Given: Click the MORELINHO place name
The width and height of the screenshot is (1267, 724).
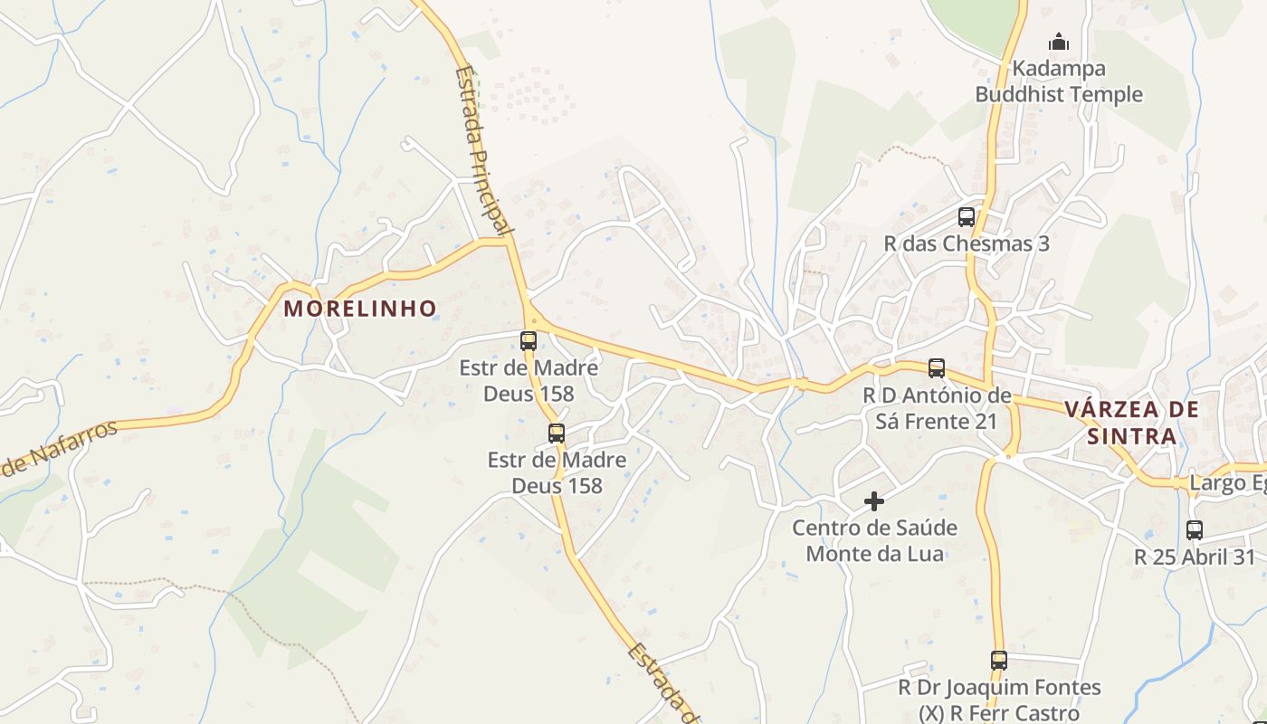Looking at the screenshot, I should pos(360,309).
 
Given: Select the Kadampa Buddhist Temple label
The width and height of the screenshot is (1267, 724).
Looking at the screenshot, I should pos(1059,81).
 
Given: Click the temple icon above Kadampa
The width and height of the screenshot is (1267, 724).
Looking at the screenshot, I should pos(1058,42).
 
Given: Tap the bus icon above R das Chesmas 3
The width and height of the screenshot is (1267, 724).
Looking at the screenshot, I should pos(967,217).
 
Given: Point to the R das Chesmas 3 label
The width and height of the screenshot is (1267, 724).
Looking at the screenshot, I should pos(967,244).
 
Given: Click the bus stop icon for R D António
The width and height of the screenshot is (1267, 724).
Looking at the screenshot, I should pos(937,368).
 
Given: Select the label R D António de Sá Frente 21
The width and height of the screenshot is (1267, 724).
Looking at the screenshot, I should pos(937,408).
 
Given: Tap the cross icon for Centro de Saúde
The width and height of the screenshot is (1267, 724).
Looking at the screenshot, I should pos(874,500).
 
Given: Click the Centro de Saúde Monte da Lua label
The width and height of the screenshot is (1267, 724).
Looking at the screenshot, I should pos(874,540).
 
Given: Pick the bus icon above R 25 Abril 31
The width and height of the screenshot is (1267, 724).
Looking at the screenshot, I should pos(1195,530).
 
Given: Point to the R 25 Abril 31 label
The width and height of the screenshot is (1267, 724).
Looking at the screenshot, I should pos(1196,557).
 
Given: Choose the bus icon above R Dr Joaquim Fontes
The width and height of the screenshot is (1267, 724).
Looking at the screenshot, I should pos(999,661).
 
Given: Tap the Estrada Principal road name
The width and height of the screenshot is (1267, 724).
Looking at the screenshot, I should pos(479,149).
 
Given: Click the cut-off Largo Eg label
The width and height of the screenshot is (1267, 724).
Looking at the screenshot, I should pos(1227,483).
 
